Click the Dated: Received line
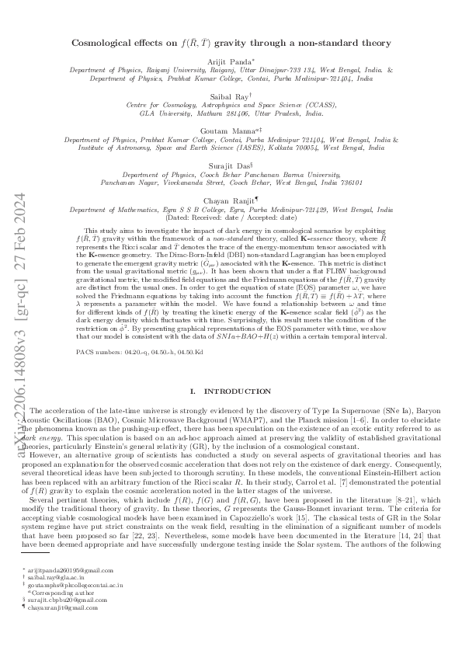[231, 218]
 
